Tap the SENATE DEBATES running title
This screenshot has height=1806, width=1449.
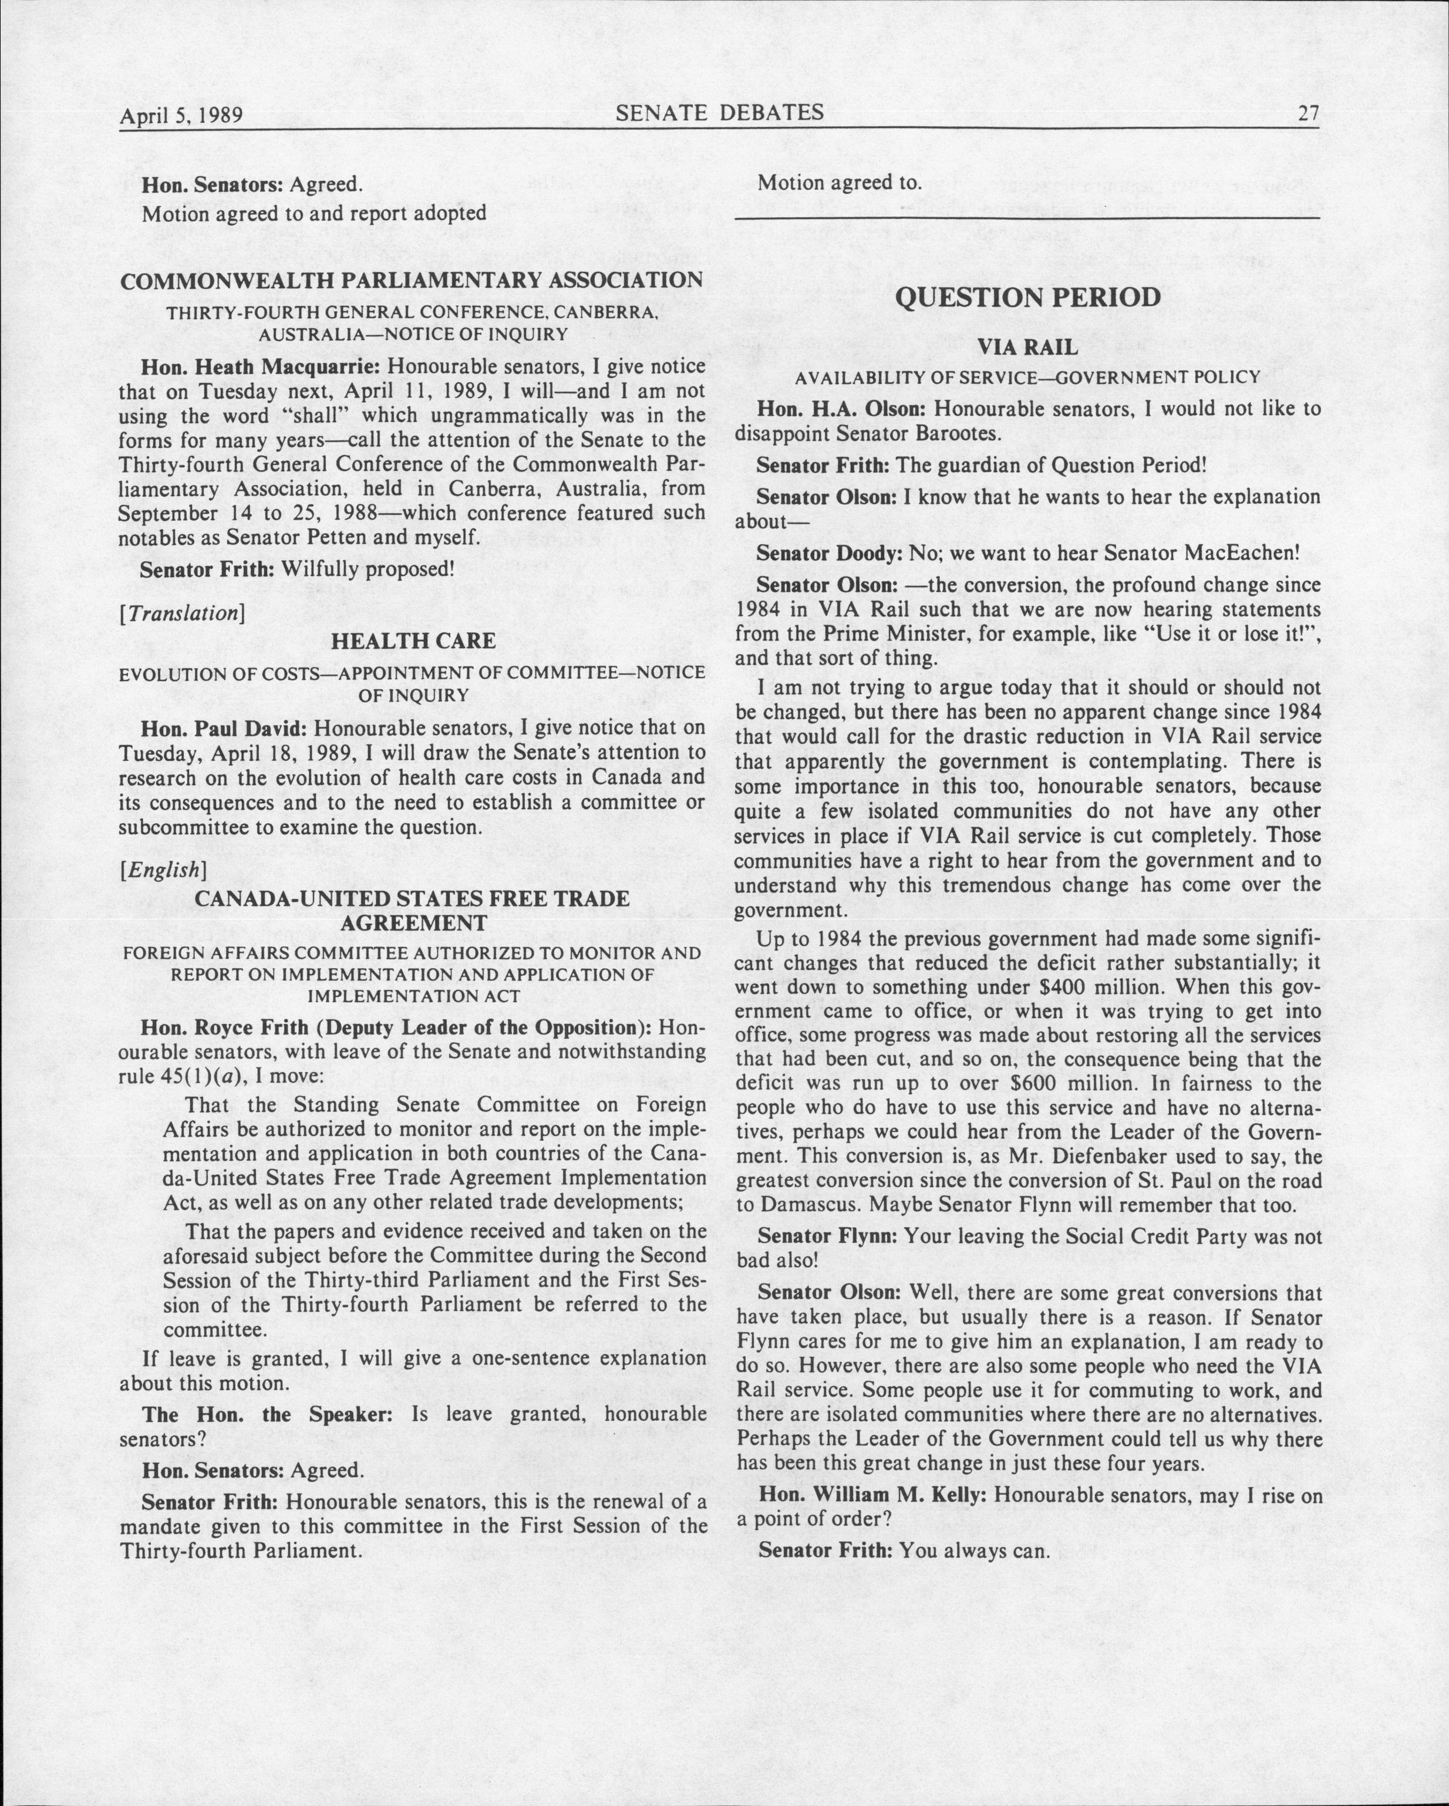[719, 112]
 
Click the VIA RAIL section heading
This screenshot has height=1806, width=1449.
[1027, 348]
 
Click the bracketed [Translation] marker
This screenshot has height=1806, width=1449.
[183, 613]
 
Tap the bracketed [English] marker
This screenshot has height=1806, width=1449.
[163, 870]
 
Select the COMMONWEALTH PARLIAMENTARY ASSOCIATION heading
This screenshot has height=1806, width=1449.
[411, 281]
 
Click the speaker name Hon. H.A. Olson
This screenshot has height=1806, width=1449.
[842, 410]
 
